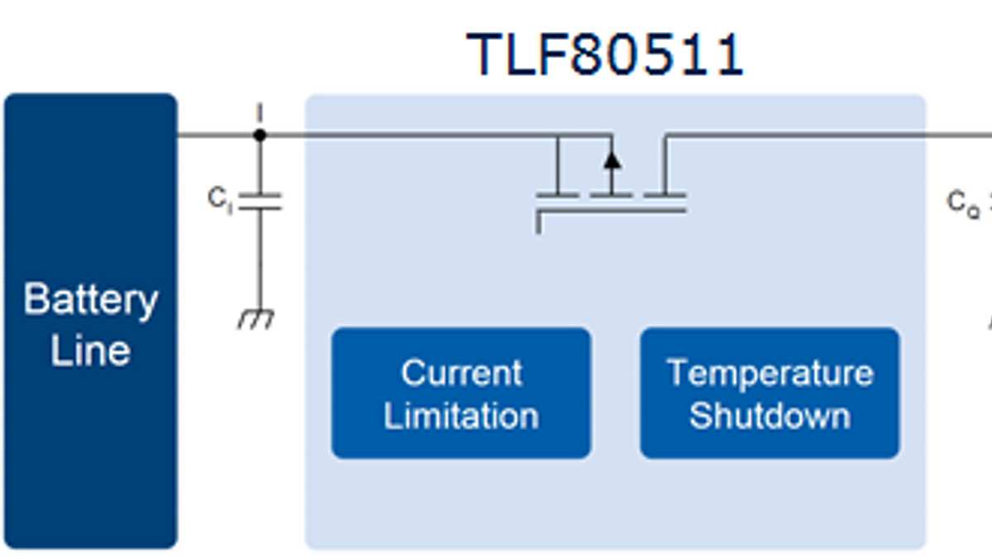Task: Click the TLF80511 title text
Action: pos(605,55)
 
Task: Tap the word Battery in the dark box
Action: pos(90,299)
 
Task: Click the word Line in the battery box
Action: pos(90,351)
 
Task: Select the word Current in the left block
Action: pos(461,373)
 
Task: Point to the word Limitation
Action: pos(461,415)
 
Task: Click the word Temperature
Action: pos(770,373)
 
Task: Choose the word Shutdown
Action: pos(770,415)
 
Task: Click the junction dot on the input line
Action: pos(260,134)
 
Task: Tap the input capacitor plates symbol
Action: pos(260,201)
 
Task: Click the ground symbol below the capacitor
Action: pos(257,319)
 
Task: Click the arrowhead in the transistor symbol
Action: pos(612,158)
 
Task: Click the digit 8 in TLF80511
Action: pos(585,55)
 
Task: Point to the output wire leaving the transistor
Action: pos(827,134)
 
